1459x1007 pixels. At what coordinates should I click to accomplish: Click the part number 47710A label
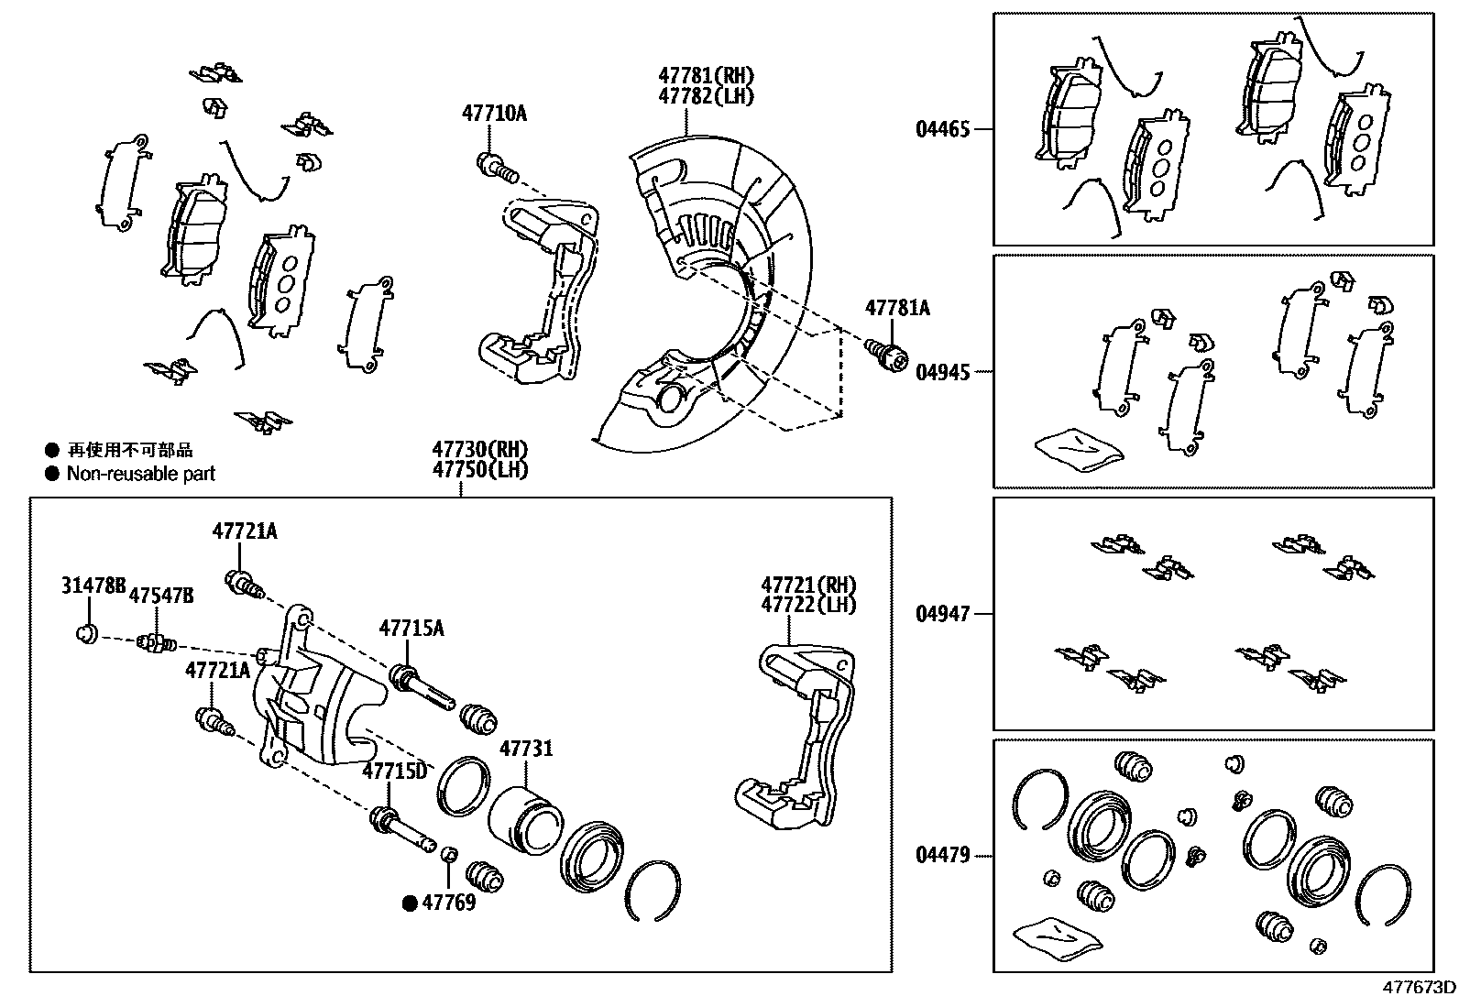(x=494, y=114)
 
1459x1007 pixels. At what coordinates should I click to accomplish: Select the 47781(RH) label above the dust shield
(x=706, y=75)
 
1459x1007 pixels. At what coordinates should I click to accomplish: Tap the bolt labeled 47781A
(x=885, y=353)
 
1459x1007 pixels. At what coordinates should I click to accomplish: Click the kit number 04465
(x=942, y=129)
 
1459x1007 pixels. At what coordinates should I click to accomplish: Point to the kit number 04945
(x=942, y=372)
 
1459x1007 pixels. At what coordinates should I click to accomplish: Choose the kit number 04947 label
(x=942, y=614)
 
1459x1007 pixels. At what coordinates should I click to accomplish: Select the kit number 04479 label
(x=942, y=857)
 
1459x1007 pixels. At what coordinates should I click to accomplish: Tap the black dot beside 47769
(x=411, y=903)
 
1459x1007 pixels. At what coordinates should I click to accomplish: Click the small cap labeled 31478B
(x=86, y=633)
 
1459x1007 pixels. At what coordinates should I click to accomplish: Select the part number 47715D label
(x=394, y=771)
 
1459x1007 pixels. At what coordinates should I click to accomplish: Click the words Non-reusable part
(x=141, y=474)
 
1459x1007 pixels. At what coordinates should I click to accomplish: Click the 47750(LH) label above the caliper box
(x=480, y=470)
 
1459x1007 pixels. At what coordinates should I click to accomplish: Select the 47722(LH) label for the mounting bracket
(x=807, y=605)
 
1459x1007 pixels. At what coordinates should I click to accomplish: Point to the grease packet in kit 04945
(x=1078, y=448)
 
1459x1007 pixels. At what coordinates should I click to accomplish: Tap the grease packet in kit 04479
(x=1056, y=937)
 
